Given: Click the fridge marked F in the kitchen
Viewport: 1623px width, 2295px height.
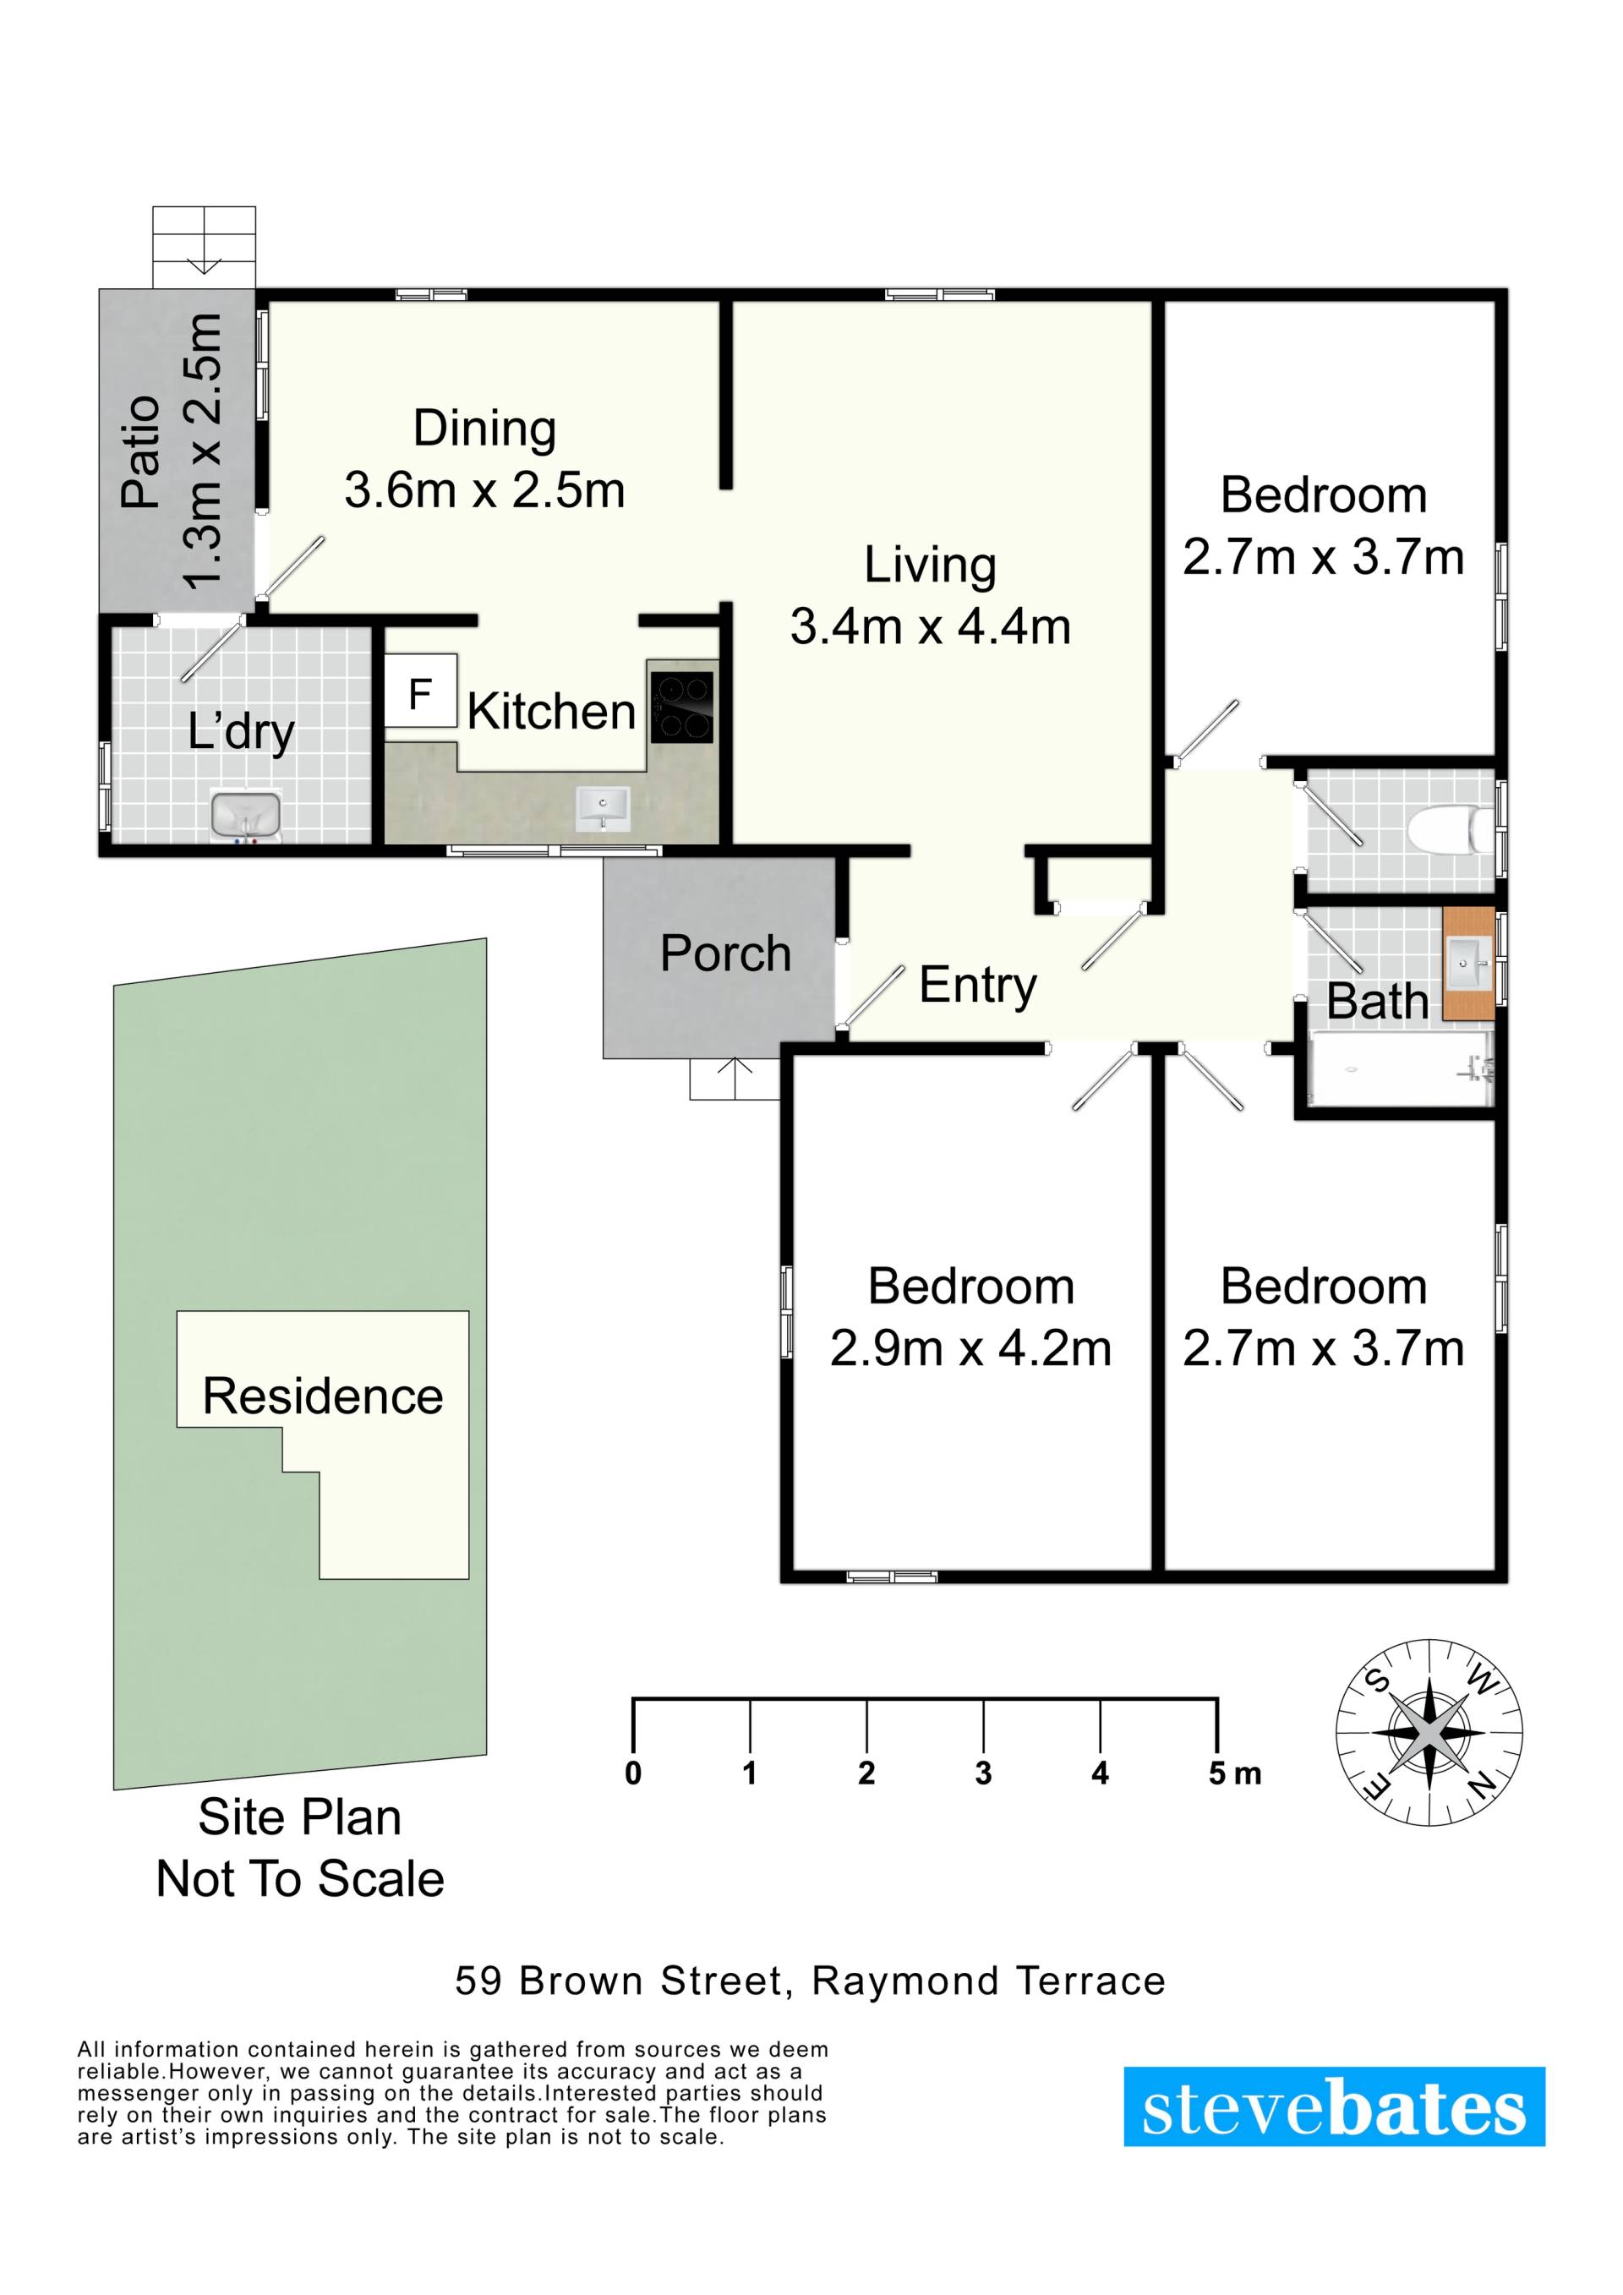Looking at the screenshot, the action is click(x=421, y=691).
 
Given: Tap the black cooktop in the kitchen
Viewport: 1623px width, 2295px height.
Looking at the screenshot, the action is click(x=682, y=706).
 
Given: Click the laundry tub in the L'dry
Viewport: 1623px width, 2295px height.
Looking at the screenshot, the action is click(x=246, y=815).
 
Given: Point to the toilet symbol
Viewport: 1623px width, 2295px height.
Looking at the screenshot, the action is click(x=1450, y=829).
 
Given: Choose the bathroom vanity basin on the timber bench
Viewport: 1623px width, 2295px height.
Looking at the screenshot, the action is click(x=1469, y=964).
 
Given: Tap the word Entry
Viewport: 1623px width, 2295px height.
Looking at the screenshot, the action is click(x=977, y=986).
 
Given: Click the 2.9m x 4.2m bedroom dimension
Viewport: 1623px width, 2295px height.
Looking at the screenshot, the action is click(x=970, y=1348).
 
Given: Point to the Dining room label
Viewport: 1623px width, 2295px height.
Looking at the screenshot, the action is click(x=484, y=429).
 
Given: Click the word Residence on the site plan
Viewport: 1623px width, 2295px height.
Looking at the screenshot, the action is click(x=323, y=1396).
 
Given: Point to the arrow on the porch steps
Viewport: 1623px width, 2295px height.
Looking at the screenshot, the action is click(x=735, y=1078).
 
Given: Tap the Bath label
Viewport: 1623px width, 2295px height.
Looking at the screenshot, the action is click(x=1377, y=1002).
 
